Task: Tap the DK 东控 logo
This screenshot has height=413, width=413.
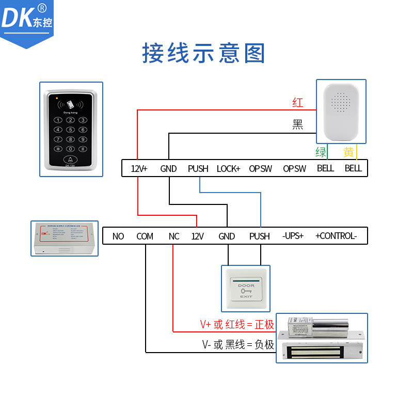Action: [27, 19]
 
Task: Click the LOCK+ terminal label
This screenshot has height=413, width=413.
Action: [228, 168]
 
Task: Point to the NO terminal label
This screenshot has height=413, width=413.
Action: [118, 236]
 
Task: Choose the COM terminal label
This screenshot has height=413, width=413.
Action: [145, 236]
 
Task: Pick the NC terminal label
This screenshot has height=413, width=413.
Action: [174, 236]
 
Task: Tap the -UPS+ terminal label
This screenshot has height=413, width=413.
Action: [293, 236]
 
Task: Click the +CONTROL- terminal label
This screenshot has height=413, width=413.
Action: [336, 236]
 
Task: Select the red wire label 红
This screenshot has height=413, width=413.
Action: [298, 102]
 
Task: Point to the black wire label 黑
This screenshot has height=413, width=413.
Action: [298, 124]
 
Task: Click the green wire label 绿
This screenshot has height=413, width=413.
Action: [321, 152]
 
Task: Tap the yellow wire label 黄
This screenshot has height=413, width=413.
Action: [349, 152]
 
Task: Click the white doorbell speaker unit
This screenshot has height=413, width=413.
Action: [341, 112]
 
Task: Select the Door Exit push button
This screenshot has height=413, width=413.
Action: [246, 289]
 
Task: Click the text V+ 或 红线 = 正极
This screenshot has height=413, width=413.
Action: [237, 324]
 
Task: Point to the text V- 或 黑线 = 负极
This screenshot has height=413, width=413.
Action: [237, 344]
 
